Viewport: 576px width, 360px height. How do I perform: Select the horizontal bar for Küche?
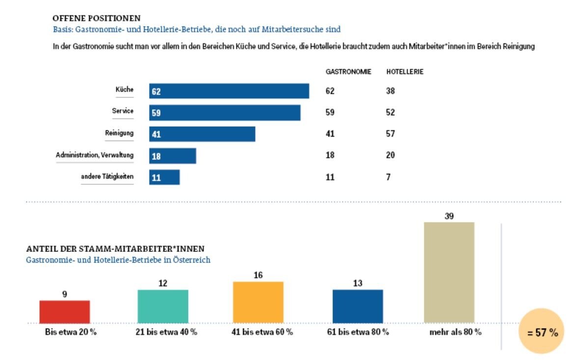click(229, 91)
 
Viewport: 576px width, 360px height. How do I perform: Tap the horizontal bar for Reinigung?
click(202, 134)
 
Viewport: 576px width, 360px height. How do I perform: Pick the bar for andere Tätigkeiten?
click(165, 177)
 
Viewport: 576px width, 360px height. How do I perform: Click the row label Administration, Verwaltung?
click(95, 155)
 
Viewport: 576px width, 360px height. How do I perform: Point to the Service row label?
click(123, 111)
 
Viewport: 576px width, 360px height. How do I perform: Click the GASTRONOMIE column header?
click(348, 72)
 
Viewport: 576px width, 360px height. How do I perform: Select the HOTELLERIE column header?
click(405, 72)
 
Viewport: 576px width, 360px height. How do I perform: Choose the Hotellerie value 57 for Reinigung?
click(390, 134)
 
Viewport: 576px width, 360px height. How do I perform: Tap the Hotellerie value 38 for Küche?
click(390, 91)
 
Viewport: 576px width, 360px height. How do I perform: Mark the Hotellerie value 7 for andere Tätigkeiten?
click(388, 177)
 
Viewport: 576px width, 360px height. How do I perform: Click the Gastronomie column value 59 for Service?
click(329, 112)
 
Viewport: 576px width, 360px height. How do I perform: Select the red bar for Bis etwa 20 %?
click(64, 311)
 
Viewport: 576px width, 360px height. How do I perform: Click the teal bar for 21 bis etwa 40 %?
click(163, 306)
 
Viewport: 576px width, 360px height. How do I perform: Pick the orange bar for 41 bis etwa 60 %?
click(258, 302)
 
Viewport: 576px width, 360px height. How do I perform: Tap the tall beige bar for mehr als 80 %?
click(449, 272)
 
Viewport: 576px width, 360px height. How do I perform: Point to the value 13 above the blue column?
click(357, 283)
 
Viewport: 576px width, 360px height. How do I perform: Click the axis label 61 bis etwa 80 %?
click(357, 332)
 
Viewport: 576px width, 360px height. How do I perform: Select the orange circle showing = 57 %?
click(542, 332)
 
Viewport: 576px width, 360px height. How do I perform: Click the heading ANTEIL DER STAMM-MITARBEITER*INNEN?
click(115, 249)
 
